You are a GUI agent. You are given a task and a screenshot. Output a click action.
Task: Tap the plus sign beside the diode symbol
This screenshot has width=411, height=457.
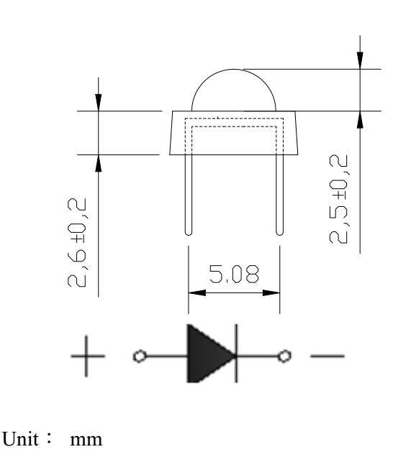[89, 356]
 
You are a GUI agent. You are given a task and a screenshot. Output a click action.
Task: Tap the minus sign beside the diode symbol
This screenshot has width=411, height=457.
[328, 356]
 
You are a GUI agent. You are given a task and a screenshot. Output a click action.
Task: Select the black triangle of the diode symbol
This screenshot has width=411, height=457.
[209, 355]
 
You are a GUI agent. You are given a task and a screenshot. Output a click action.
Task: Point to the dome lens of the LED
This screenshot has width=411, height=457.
[233, 91]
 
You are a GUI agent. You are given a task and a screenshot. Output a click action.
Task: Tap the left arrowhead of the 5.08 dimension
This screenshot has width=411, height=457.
[196, 293]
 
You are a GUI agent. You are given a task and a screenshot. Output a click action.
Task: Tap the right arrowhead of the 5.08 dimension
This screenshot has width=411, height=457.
[271, 293]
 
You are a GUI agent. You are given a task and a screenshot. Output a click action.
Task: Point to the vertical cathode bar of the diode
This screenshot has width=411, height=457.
[235, 355]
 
